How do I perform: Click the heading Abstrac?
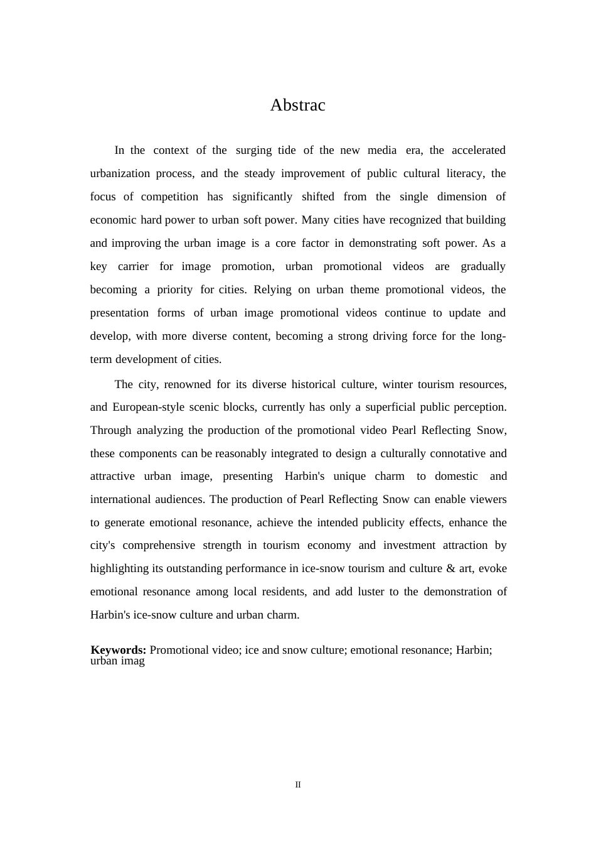pyautogui.click(x=297, y=105)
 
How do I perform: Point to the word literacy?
pyautogui.click(x=466, y=173)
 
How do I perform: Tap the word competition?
pyautogui.click(x=169, y=197)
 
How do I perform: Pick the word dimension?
pyautogui.click(x=462, y=197)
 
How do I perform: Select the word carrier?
pyautogui.click(x=133, y=266)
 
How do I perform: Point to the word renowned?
pyautogui.click(x=188, y=384)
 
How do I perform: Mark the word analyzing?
pyautogui.click(x=160, y=430)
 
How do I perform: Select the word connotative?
pyautogui.click(x=456, y=453)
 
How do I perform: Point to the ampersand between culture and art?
pyautogui.click(x=450, y=568)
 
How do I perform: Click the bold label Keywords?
pyautogui.click(x=119, y=650)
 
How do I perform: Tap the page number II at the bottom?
pyautogui.click(x=298, y=784)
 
